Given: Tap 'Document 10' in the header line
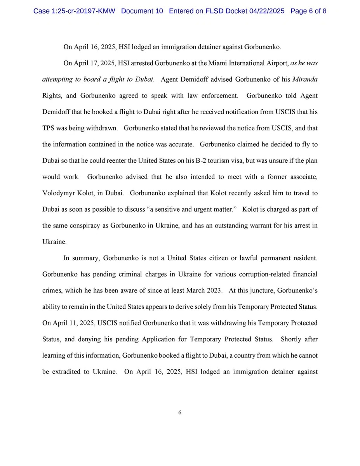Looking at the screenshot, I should tap(142, 11).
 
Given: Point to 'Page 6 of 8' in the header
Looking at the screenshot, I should tap(308, 11).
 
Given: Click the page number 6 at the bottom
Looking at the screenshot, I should tap(180, 412).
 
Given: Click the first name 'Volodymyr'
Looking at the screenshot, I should tap(57, 193).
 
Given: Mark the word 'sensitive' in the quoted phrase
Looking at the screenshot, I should tap(195, 209).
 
